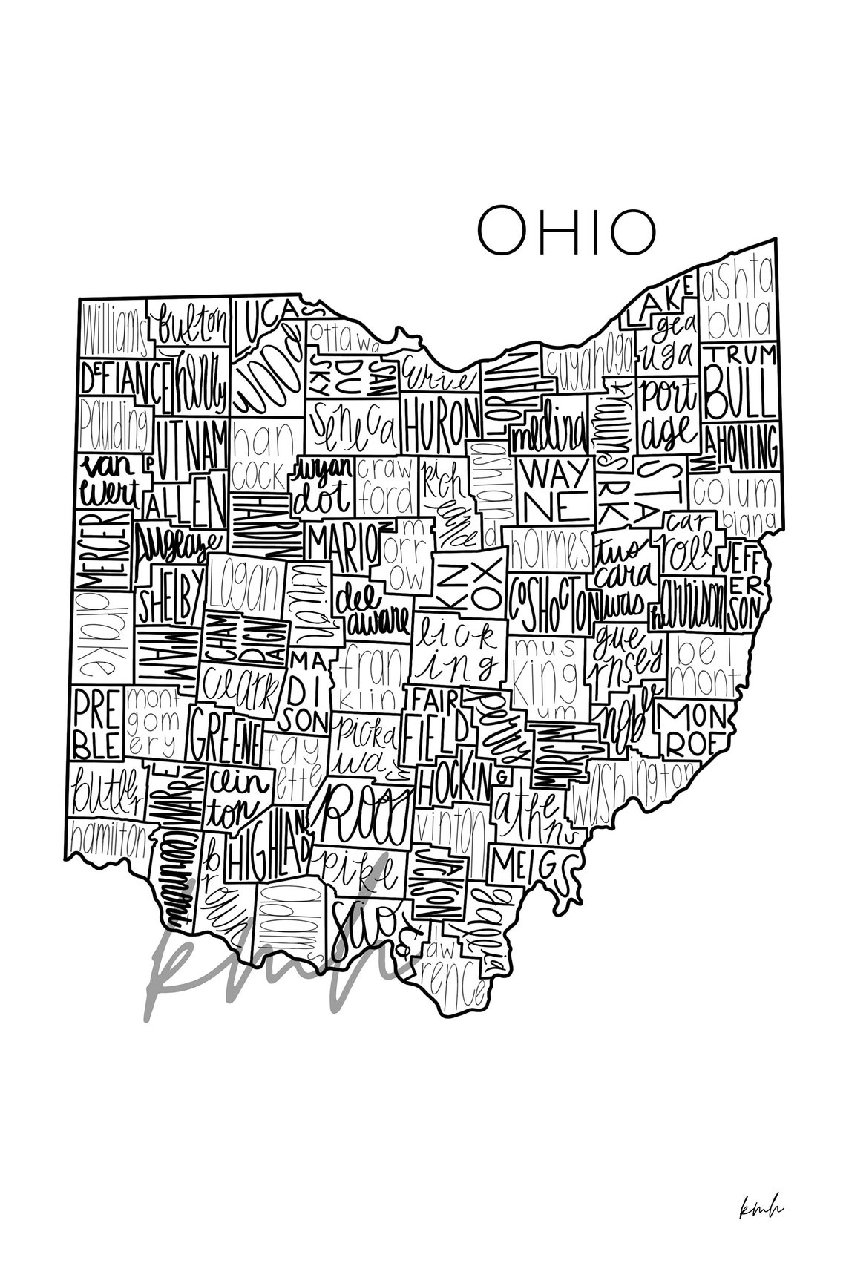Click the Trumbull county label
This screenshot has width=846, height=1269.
coord(739,381)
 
